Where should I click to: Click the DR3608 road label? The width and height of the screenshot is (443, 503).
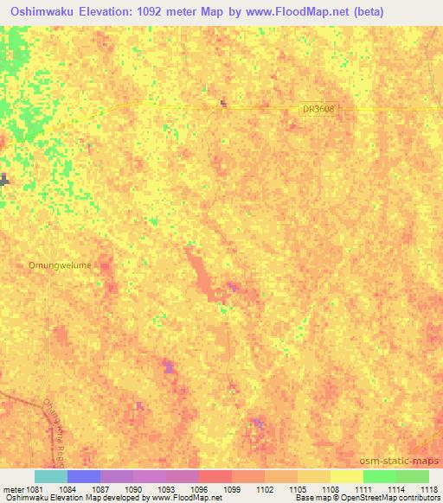(318, 109)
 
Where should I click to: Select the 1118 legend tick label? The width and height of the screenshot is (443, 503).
(427, 488)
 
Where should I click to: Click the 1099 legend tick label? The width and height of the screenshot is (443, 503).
(232, 488)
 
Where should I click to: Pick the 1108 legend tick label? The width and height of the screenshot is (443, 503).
(331, 488)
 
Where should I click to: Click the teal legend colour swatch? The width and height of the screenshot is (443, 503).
(51, 476)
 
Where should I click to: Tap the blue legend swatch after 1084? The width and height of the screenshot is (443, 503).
(84, 476)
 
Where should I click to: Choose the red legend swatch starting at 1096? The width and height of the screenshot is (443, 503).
(215, 476)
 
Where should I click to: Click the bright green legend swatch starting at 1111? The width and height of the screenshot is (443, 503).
(380, 476)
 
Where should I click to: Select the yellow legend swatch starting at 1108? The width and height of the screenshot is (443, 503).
(347, 476)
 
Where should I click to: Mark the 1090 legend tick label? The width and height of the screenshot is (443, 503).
(133, 488)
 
